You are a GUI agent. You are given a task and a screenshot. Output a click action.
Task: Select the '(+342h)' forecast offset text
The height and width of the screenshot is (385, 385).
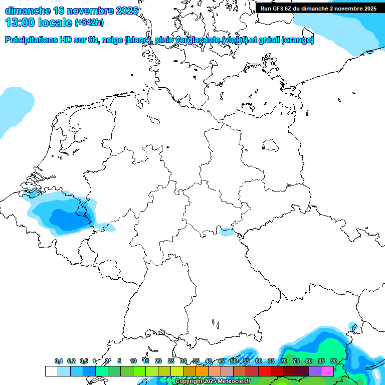pos(89,23)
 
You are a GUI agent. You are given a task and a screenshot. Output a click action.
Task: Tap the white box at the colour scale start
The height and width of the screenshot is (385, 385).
pos(51,371)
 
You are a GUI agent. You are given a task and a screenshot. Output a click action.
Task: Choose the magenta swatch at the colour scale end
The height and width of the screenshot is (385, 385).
pos(327,371)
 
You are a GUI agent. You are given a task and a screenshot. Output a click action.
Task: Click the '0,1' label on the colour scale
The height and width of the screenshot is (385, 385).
pos(59,361)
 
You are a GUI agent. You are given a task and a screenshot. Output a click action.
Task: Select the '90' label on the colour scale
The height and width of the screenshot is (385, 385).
pos(334,361)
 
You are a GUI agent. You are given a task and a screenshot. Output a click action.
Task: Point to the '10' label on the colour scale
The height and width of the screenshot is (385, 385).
pos(133,361)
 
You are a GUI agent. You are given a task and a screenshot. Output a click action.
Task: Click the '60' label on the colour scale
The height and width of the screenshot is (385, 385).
pos(259,361)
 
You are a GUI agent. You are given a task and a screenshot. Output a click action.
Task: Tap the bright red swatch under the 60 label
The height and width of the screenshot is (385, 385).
pos(265,371)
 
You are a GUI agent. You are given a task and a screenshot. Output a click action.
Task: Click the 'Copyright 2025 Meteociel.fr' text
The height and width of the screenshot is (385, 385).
pos(213,381)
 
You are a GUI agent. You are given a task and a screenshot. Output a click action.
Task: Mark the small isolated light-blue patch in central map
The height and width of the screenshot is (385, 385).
pos(227,232)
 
